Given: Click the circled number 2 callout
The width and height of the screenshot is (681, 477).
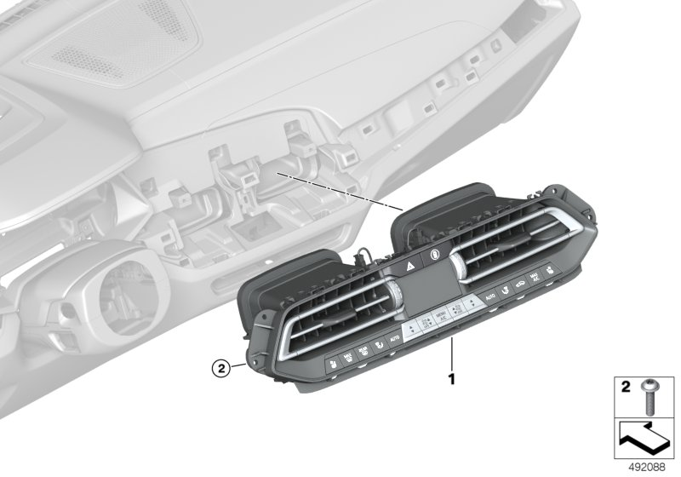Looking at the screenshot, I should (220, 369).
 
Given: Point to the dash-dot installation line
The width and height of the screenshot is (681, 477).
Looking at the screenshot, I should (340, 192).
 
